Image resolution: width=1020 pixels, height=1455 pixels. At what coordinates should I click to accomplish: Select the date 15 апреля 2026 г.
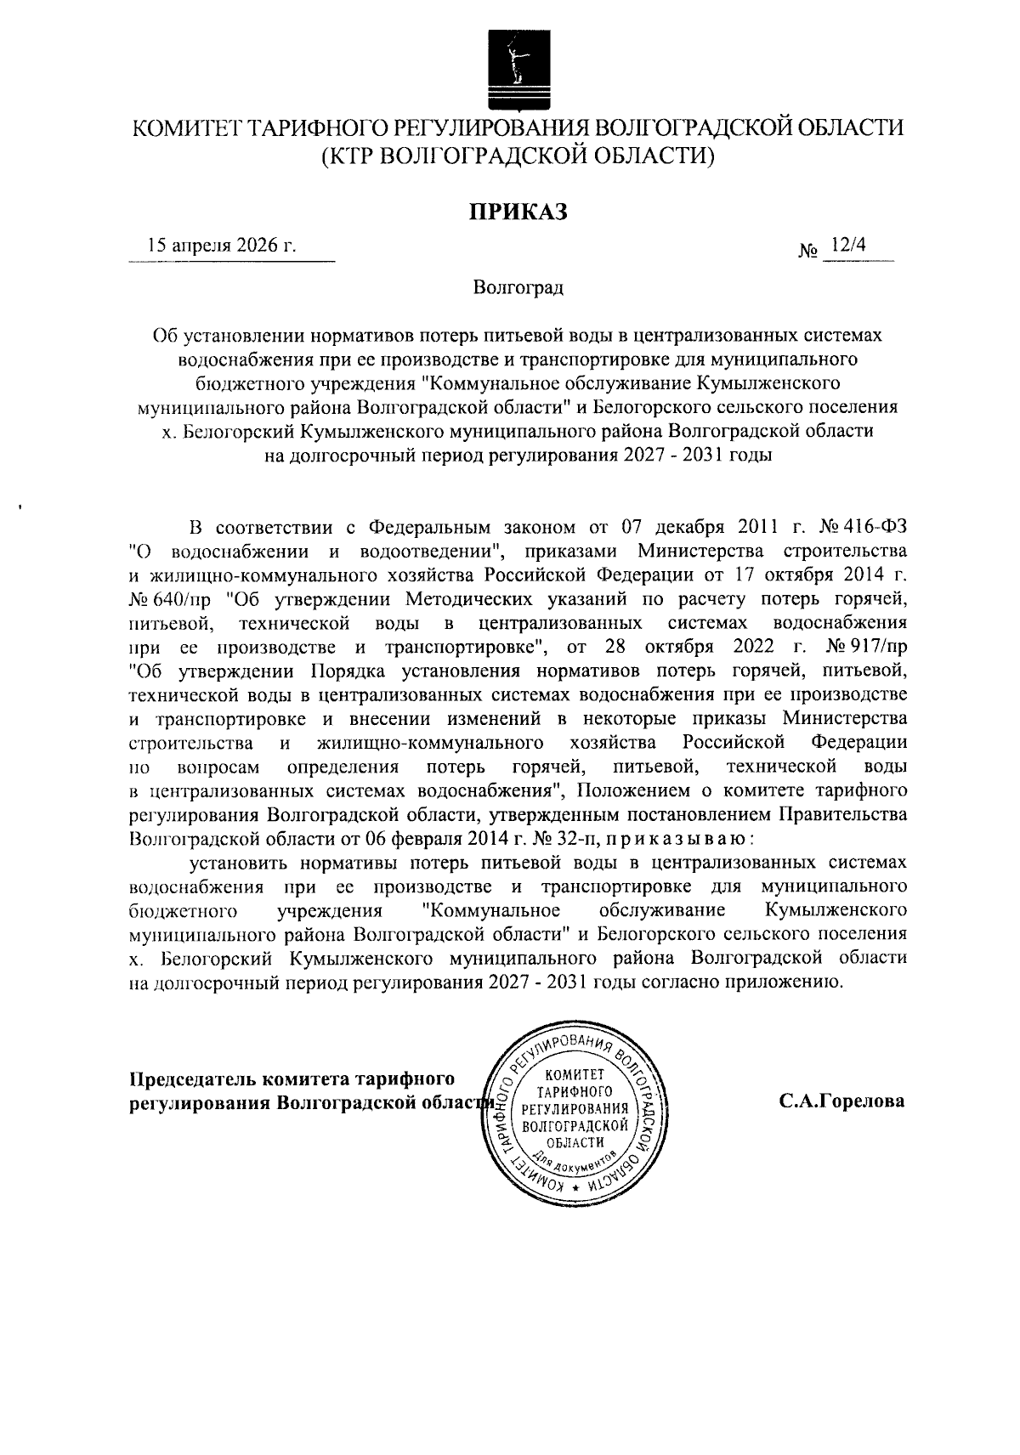click(x=223, y=246)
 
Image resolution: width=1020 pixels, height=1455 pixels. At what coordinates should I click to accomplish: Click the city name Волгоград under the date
click(x=518, y=288)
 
